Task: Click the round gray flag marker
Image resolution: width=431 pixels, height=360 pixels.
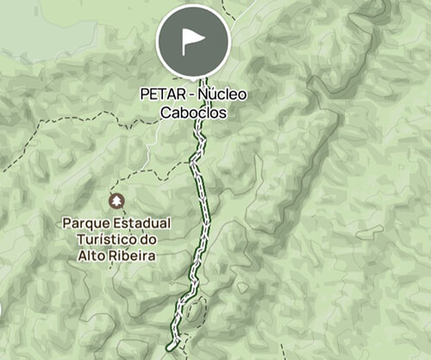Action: [x=193, y=41]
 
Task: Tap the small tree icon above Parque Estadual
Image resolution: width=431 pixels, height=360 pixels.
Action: [x=115, y=201]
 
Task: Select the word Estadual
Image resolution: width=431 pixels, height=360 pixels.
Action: [x=141, y=223]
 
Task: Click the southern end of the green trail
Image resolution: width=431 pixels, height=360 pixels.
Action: [x=171, y=346]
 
